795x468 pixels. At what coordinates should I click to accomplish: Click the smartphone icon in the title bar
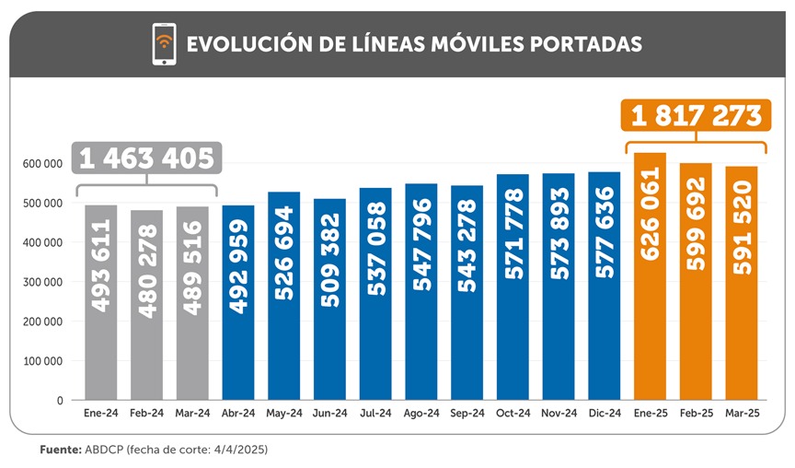pyautogui.click(x=164, y=44)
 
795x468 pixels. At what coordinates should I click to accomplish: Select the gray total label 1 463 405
pyautogui.click(x=146, y=158)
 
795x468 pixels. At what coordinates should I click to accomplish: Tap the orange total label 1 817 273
pyautogui.click(x=696, y=116)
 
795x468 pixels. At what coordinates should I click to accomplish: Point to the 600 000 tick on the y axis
pyautogui.click(x=42, y=164)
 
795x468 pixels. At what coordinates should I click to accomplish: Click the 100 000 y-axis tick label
pyautogui.click(x=42, y=361)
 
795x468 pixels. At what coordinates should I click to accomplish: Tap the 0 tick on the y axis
pyautogui.click(x=58, y=401)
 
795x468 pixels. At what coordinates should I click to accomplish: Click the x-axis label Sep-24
pyautogui.click(x=467, y=415)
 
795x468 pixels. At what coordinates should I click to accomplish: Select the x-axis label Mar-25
pyautogui.click(x=742, y=415)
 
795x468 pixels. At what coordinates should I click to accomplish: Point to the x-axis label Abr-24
pyautogui.click(x=238, y=415)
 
